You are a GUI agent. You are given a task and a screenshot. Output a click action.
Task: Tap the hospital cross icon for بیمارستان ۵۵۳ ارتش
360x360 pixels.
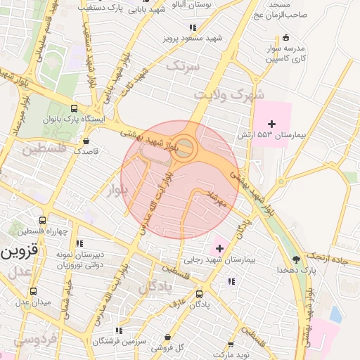click(x=272, y=124)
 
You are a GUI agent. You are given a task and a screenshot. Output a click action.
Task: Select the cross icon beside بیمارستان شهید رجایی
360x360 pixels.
click(x=220, y=248)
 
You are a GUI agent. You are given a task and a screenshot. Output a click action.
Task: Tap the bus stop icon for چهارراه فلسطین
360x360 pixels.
click(x=43, y=221)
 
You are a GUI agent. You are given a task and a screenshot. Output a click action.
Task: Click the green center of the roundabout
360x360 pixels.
click(x=185, y=148)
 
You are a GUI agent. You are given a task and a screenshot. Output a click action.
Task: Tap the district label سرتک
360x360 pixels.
click(x=184, y=66)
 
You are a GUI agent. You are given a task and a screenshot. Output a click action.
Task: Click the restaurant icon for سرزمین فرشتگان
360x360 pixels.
click(x=118, y=330)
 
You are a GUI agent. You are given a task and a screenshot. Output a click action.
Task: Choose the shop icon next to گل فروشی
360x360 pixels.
click(x=167, y=337)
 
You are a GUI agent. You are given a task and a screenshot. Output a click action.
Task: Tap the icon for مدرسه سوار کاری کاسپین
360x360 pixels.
click(x=285, y=38)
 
